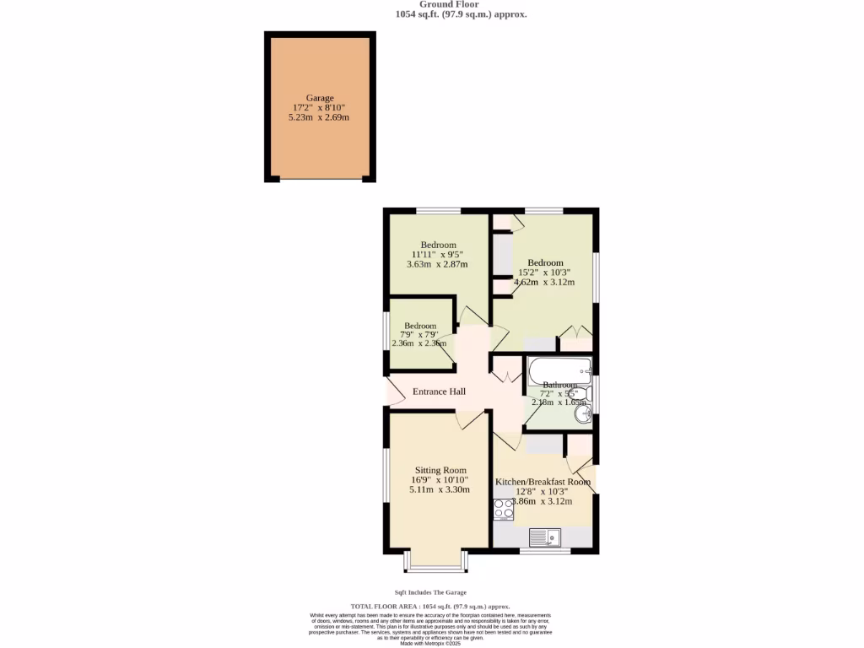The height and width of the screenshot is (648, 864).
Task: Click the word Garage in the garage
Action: [x=319, y=98]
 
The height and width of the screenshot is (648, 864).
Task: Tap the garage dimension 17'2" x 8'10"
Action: [x=319, y=108]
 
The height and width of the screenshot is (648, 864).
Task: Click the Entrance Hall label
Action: [x=439, y=391]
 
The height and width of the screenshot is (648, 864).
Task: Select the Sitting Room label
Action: [x=440, y=470]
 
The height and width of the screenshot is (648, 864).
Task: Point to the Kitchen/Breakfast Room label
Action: [x=543, y=481]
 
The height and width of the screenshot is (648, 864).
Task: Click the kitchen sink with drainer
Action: [x=544, y=536]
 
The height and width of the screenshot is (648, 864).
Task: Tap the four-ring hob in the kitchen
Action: [x=504, y=509]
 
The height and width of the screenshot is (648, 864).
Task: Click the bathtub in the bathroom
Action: [x=559, y=370]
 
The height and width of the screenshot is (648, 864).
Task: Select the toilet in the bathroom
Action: [x=580, y=392]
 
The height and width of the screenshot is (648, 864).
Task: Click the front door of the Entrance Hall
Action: [x=393, y=391]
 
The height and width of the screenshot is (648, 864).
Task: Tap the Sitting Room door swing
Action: [x=468, y=418]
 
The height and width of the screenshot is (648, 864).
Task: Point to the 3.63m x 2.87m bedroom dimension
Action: [x=437, y=264]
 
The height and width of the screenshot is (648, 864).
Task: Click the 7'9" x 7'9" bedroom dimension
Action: [x=420, y=334]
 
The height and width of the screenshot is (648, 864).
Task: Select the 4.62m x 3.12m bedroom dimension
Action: [x=544, y=282]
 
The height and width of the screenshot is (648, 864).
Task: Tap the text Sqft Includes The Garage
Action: [x=430, y=592]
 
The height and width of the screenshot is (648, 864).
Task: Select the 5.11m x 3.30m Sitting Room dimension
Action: [x=440, y=489]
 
